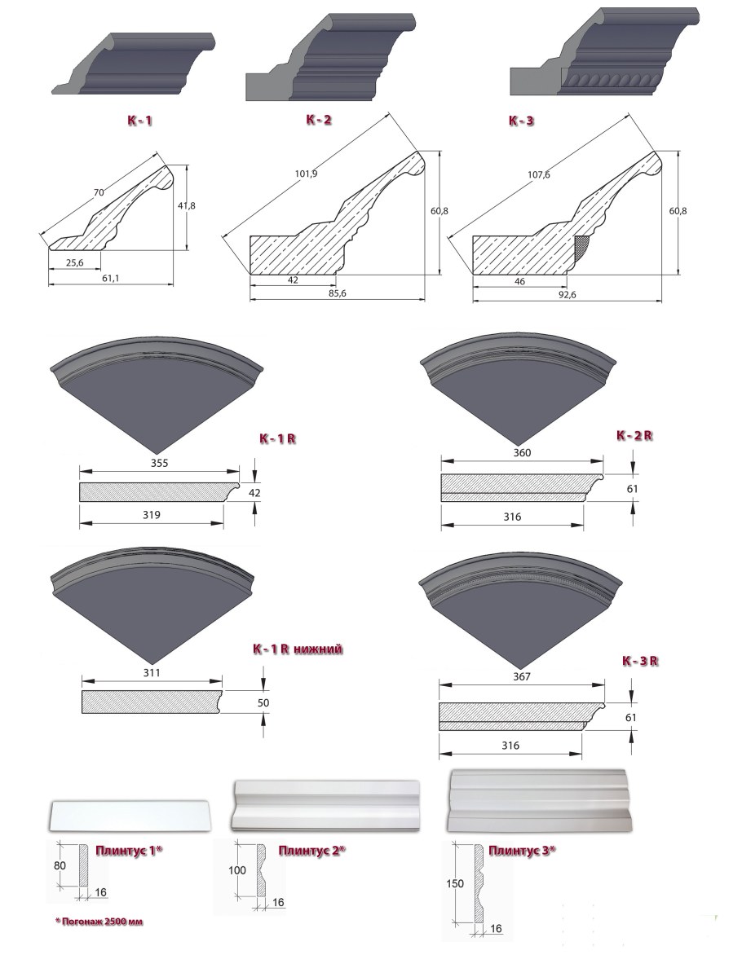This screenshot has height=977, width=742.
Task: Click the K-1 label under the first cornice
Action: coord(140,121)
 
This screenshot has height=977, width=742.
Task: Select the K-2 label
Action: coord(320,119)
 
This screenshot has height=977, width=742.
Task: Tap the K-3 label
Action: coord(521,121)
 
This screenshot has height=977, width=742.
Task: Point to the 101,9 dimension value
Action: coord(306,174)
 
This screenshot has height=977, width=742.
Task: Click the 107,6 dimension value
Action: coord(539,174)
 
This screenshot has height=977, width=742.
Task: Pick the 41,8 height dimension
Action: coord(186,205)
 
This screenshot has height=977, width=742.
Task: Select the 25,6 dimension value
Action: coord(74,263)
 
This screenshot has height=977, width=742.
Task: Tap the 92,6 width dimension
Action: coord(568,295)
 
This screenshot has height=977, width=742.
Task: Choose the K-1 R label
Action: coord(277,438)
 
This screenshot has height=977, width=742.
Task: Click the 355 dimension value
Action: coord(160,463)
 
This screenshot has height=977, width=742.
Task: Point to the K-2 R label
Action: coord(634,436)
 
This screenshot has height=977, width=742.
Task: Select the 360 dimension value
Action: coord(522,452)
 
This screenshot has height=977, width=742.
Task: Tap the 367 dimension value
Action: coord(521,676)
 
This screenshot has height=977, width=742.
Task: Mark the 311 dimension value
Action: coord(152,672)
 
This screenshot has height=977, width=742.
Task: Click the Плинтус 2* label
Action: coord(311,851)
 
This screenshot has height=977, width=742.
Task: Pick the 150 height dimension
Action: coord(455,883)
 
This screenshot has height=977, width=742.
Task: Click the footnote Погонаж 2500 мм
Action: coord(99,922)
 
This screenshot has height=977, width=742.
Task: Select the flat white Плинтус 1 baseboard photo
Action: coord(130,816)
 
